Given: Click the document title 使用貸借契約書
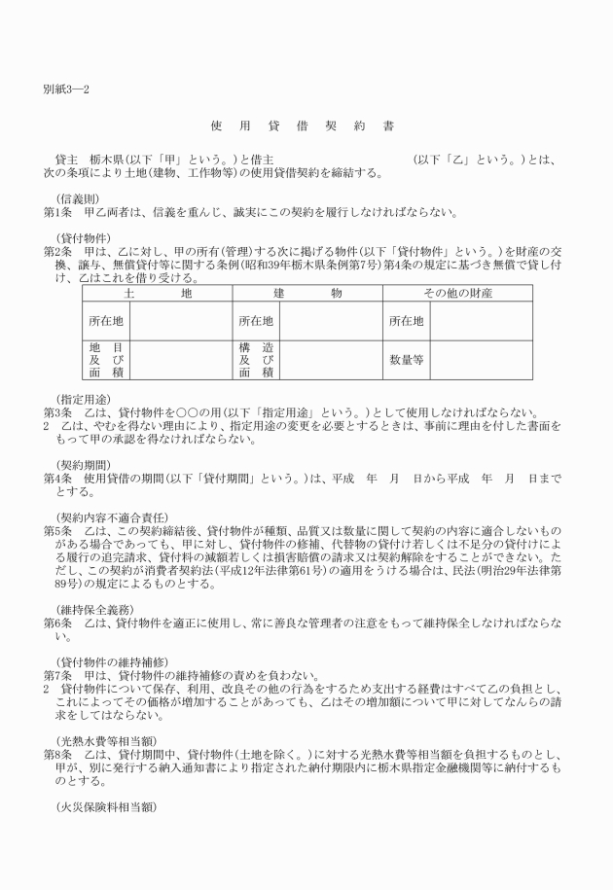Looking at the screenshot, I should click(302, 125).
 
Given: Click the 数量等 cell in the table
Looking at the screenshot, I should click(406, 359).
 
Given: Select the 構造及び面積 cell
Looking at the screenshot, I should click(256, 359).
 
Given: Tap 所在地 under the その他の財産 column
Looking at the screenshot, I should click(406, 320).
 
